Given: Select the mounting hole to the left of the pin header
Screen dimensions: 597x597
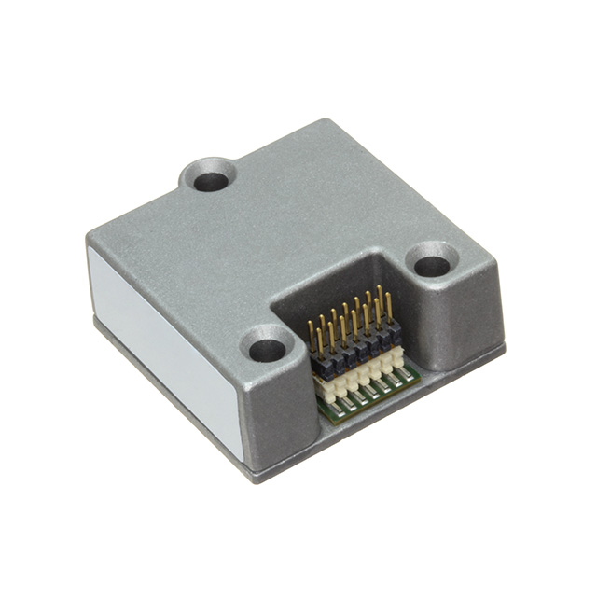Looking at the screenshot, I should [x=267, y=350].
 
